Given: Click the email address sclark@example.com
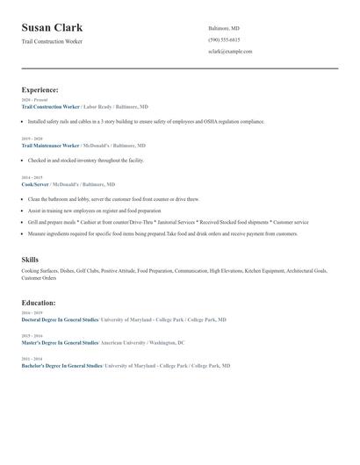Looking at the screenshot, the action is (230, 52).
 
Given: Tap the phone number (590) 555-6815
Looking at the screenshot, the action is (224, 40).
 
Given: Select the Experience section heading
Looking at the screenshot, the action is (40, 89).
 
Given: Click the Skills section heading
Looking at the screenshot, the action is (30, 260).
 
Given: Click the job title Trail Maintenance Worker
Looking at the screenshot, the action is (50, 146).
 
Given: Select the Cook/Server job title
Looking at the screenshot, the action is (35, 185).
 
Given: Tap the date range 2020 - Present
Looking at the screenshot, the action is (34, 100).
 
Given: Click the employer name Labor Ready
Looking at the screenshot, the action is (97, 106).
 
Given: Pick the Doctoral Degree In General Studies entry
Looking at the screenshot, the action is (60, 320).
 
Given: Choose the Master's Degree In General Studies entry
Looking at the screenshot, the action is (59, 343).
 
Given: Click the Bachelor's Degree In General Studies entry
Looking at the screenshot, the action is (61, 365).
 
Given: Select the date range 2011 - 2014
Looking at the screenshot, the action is (32, 359).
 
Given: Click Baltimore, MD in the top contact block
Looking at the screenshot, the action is (224, 28).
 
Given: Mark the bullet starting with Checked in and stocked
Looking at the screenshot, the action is (85, 161).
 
